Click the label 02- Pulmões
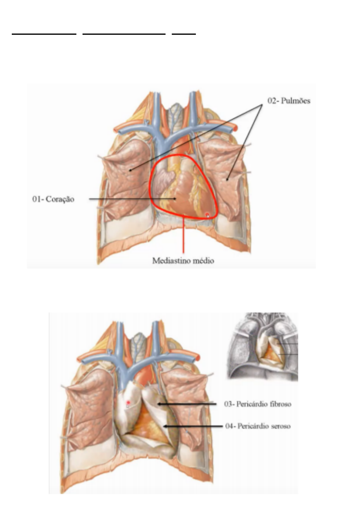289,101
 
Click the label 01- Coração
53,199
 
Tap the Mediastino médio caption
183,261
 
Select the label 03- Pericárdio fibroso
258,404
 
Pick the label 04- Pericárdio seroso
258,426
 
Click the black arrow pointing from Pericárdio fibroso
187,404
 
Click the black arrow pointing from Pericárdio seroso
193,426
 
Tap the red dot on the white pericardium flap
128,402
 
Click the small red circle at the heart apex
207,215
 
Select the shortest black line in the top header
184,34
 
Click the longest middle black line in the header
124,34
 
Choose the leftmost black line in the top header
44,34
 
